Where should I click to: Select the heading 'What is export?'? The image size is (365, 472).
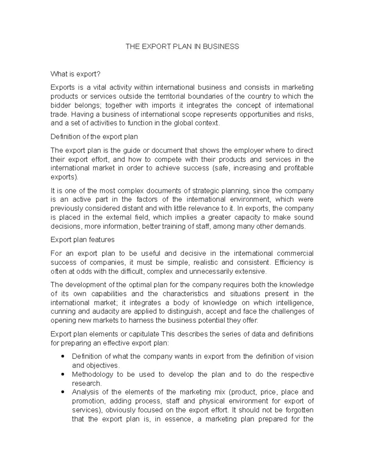(x=75, y=74)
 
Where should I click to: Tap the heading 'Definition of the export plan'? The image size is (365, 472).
(x=94, y=137)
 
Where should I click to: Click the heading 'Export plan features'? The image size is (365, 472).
(x=82, y=240)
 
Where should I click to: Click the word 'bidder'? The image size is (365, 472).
(x=61, y=105)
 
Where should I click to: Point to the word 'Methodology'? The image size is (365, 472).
(x=92, y=374)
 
